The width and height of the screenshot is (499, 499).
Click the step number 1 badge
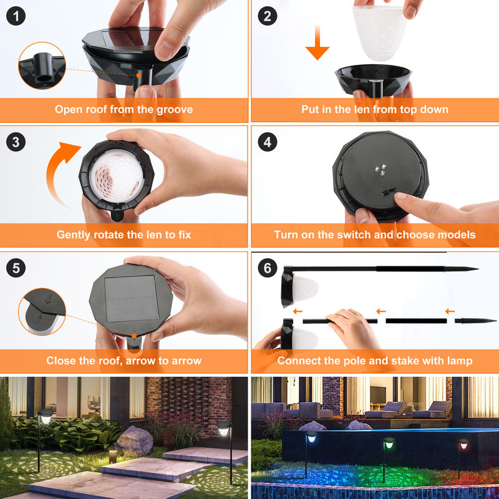coord(16,16)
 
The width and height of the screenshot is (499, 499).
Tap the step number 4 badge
coord(268,142)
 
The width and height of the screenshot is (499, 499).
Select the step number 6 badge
coord(268,268)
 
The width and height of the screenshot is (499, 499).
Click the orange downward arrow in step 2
coord(317,42)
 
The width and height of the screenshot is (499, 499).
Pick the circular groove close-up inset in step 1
coord(42,65)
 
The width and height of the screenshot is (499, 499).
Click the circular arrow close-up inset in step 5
coord(42,311)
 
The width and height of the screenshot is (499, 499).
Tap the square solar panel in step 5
coord(132,299)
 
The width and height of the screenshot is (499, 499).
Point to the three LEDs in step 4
coord(380,170)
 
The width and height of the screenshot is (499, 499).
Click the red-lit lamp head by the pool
coord(463,444)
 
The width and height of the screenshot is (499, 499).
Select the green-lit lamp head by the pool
coord(389,443)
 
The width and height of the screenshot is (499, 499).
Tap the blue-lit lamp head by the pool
coord(311,437)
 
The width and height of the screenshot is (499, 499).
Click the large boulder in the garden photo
coord(134,441)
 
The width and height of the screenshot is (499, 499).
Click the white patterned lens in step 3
coord(117,176)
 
